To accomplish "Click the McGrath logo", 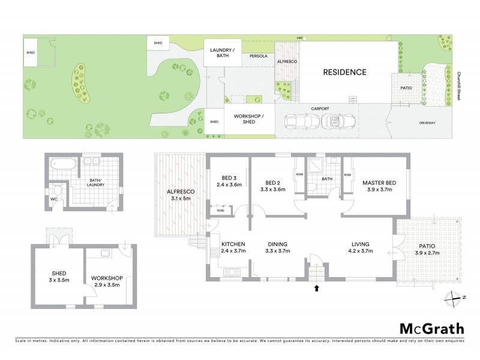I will click(431, 328).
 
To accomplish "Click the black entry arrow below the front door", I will click(317, 289).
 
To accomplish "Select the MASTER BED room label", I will click(377, 185).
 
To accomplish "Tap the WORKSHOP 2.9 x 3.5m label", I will click(107, 282).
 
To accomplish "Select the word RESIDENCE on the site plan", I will click(344, 73).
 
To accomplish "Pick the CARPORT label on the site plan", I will click(322, 109).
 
